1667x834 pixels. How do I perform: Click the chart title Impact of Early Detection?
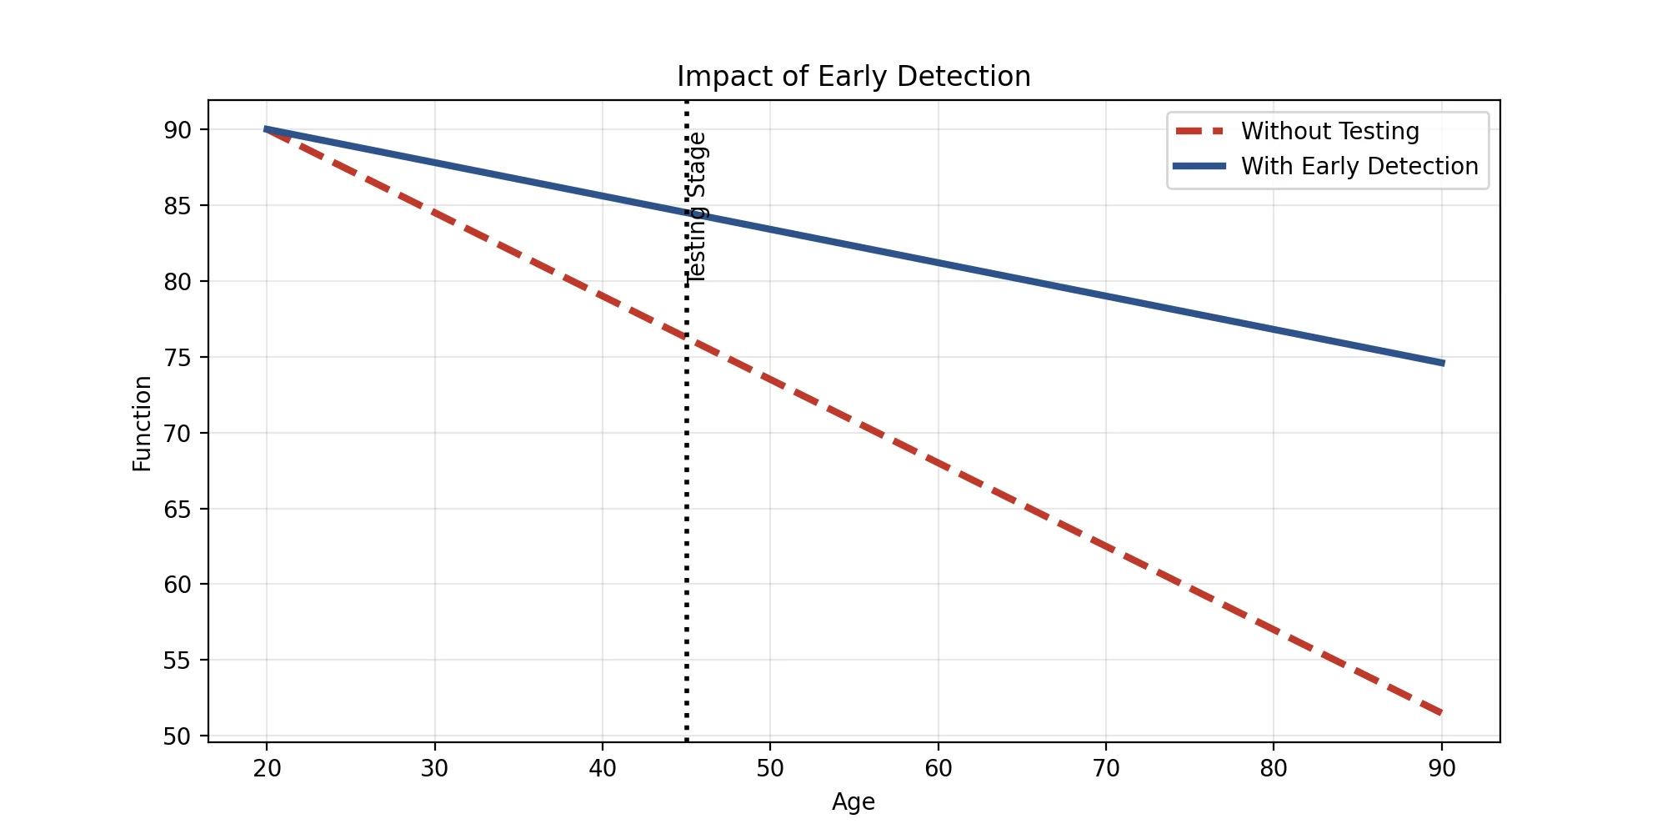(x=854, y=77)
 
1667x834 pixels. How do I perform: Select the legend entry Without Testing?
(x=1329, y=132)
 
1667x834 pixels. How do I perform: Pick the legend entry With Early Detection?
(x=1359, y=167)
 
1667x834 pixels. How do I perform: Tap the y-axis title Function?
(x=143, y=424)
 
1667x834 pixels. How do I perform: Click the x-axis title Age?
(x=854, y=802)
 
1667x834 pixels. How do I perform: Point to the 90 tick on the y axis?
(x=178, y=130)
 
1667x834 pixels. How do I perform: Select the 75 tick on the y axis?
(x=178, y=358)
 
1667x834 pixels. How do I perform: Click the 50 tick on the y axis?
(x=178, y=736)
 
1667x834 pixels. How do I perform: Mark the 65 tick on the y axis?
(x=178, y=510)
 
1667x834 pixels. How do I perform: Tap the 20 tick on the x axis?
(x=267, y=768)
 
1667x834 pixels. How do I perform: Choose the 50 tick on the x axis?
(x=770, y=768)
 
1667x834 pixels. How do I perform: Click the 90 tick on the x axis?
(x=1442, y=768)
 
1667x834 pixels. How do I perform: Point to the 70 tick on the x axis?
(x=1106, y=768)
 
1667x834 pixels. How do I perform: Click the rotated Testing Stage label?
(x=697, y=208)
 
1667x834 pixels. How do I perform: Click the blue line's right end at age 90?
(x=1442, y=363)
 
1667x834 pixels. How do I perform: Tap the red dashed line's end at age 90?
(x=1442, y=713)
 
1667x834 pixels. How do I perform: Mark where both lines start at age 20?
(x=267, y=129)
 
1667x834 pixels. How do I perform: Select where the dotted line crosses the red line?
(x=686, y=338)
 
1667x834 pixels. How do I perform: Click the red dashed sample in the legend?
(x=1199, y=132)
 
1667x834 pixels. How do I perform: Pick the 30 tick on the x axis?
(x=434, y=768)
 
